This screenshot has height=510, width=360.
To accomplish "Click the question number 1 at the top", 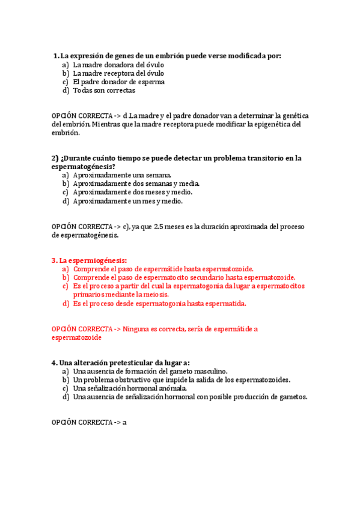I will pyautogui.click(x=55, y=56).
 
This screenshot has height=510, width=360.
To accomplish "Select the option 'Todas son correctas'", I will pyautogui.click(x=104, y=90).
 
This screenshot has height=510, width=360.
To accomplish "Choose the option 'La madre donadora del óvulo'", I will pyautogui.click(x=118, y=65).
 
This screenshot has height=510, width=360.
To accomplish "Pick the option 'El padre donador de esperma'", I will pyautogui.click(x=118, y=82).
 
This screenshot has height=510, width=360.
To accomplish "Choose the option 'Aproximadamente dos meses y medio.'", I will pyautogui.click(x=132, y=192).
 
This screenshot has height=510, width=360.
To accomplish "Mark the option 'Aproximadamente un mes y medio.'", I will pyautogui.click(x=127, y=201).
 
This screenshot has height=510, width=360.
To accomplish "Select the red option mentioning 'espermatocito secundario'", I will pyautogui.click(x=184, y=278).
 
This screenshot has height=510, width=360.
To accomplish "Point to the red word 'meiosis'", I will pyautogui.click(x=155, y=295).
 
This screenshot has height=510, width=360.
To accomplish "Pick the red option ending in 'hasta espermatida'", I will pyautogui.click(x=159, y=304).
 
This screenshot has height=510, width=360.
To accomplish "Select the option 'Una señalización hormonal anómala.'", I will pyautogui.click(x=130, y=389).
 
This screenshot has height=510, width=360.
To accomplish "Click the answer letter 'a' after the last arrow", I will pyautogui.click(x=124, y=423).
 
